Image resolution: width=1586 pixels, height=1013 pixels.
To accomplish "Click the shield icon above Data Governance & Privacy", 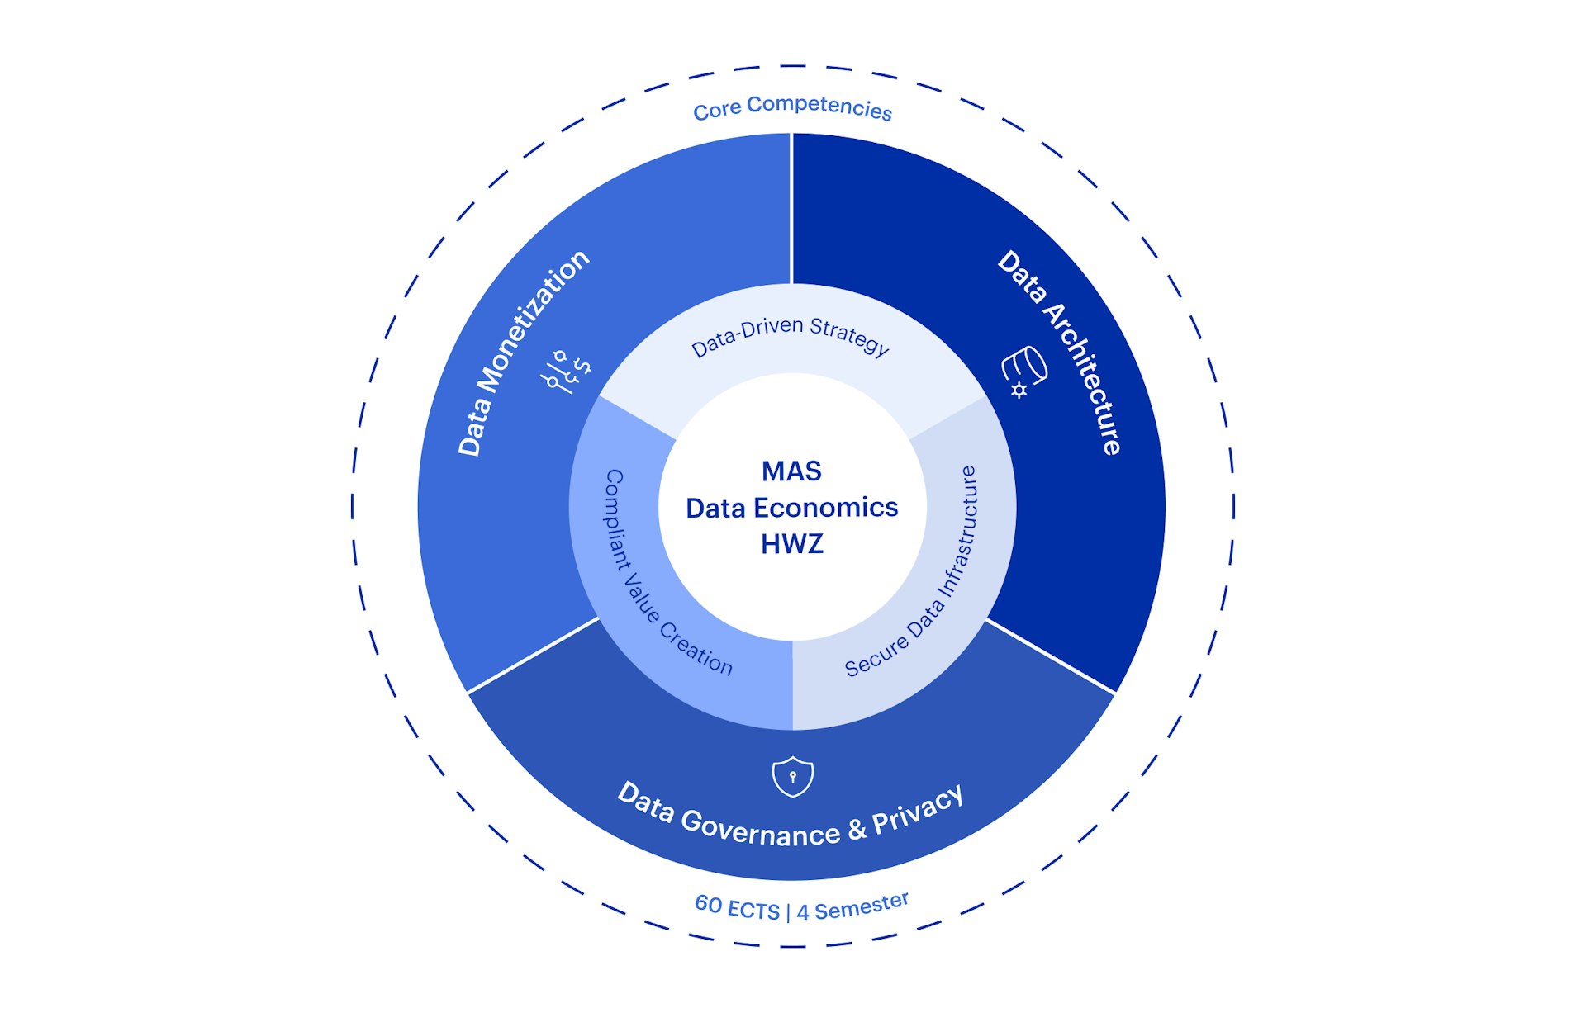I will [792, 776].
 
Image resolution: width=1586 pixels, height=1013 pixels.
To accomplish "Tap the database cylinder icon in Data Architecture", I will [1024, 371].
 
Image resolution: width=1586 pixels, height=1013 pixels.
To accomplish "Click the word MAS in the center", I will [791, 471].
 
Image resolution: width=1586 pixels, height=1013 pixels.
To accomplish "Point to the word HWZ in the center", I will [791, 544].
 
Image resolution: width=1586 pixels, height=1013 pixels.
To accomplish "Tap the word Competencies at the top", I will [819, 107].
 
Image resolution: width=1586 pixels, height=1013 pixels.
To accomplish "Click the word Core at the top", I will [716, 111].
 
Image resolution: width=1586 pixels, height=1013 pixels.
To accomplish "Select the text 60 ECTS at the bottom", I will [737, 908].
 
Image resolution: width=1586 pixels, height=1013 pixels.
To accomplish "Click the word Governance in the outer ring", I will [760, 830].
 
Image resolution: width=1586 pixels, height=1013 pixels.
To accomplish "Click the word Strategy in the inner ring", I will [849, 336].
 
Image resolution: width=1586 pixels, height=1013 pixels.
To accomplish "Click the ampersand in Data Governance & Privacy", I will [857, 829].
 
